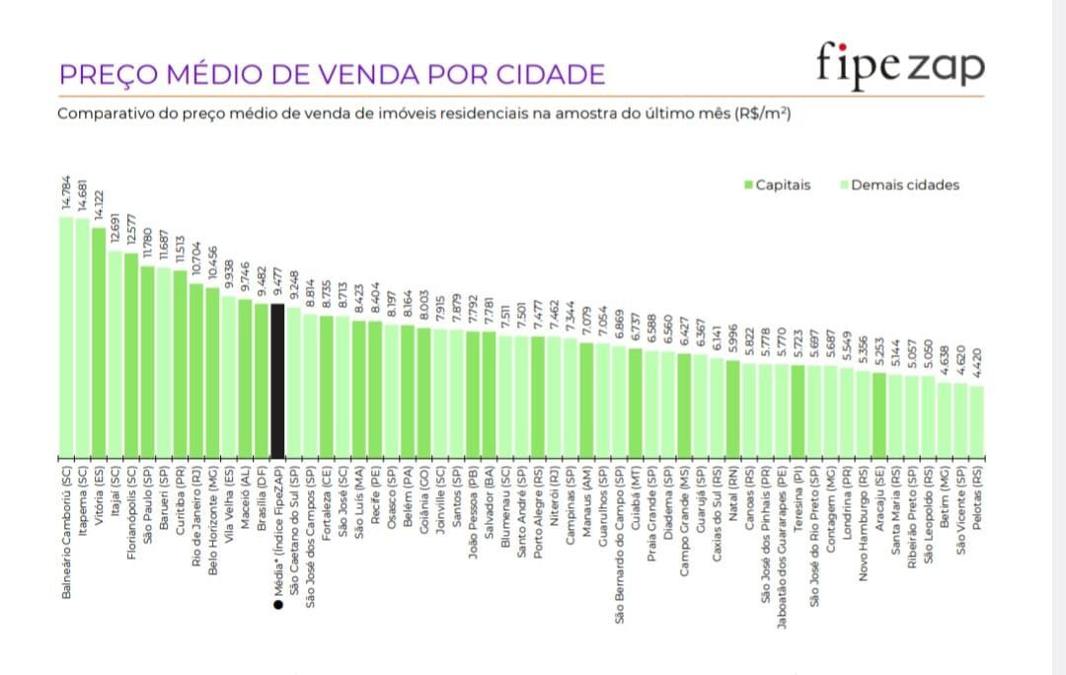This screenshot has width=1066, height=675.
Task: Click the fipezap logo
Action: pyautogui.click(x=899, y=64)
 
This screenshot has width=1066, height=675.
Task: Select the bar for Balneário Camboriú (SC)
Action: pyautogui.click(x=66, y=337)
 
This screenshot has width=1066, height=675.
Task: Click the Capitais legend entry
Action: pyautogui.click(x=778, y=185)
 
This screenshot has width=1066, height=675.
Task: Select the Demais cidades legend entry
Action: pyautogui.click(x=899, y=185)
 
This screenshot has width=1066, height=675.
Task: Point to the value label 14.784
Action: pyautogui.click(x=66, y=193)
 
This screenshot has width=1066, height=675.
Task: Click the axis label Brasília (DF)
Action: pyautogui.click(x=262, y=492)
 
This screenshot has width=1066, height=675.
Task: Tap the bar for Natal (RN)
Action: pyautogui.click(x=732, y=409)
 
